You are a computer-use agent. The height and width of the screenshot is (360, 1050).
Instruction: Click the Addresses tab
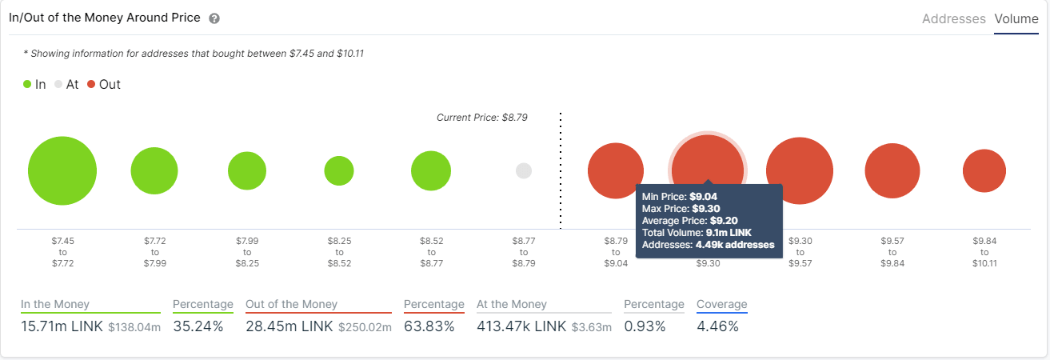click(x=953, y=18)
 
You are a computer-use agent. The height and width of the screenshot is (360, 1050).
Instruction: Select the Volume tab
click(x=1016, y=18)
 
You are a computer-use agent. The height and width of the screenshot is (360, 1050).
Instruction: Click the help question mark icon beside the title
click(x=214, y=18)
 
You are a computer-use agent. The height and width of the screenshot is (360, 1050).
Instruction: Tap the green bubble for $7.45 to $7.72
click(x=62, y=170)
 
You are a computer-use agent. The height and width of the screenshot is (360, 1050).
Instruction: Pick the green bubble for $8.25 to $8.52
click(x=339, y=170)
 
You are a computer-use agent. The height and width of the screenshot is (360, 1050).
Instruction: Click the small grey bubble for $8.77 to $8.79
click(x=524, y=170)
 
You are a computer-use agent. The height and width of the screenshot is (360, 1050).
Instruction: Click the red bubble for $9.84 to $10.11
click(x=984, y=170)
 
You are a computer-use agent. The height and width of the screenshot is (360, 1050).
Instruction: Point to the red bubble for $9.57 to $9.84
click(x=892, y=170)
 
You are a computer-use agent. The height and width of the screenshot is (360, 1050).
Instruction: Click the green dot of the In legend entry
click(x=27, y=84)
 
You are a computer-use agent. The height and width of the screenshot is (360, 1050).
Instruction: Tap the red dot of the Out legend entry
click(x=91, y=84)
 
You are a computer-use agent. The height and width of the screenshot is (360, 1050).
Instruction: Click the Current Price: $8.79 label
click(x=482, y=118)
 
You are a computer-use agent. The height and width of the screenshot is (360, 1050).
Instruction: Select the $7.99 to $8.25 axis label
click(x=246, y=251)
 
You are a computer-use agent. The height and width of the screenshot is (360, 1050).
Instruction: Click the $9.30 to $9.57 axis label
click(x=800, y=251)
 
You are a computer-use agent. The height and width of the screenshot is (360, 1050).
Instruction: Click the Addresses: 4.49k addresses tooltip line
click(x=708, y=244)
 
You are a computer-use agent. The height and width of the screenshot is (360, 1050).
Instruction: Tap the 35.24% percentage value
click(x=198, y=326)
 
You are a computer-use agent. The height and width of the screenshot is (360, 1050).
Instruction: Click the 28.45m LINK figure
click(x=289, y=326)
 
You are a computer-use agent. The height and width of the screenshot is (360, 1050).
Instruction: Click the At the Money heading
click(x=512, y=304)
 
